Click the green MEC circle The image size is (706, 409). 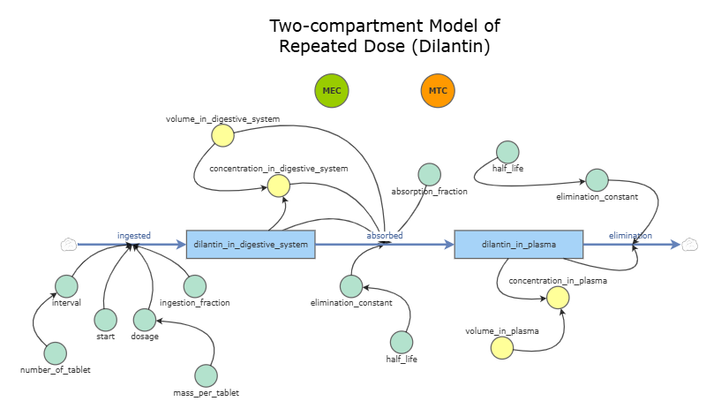[x=332, y=91]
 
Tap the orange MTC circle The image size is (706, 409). [x=437, y=91]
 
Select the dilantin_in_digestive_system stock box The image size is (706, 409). [x=251, y=244]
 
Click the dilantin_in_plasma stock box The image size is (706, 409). [x=519, y=244]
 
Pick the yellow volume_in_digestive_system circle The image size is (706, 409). [x=222, y=135]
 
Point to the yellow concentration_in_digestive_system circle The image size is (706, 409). [x=279, y=185]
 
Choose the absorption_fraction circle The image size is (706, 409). [x=430, y=175]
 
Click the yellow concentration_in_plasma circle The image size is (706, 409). [x=557, y=297]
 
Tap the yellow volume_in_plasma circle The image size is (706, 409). [x=502, y=348]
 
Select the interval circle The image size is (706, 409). [x=67, y=285]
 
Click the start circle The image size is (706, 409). [x=106, y=320]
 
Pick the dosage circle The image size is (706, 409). [x=145, y=320]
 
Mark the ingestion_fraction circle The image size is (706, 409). [x=195, y=286]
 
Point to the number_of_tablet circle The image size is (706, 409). [x=56, y=353]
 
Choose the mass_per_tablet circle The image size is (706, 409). [x=206, y=376]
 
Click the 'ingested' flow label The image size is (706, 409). [x=134, y=235]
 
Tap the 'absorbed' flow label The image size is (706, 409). [x=385, y=236]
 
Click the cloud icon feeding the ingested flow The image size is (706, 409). [x=70, y=244]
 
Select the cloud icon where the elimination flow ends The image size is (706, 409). [x=690, y=244]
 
